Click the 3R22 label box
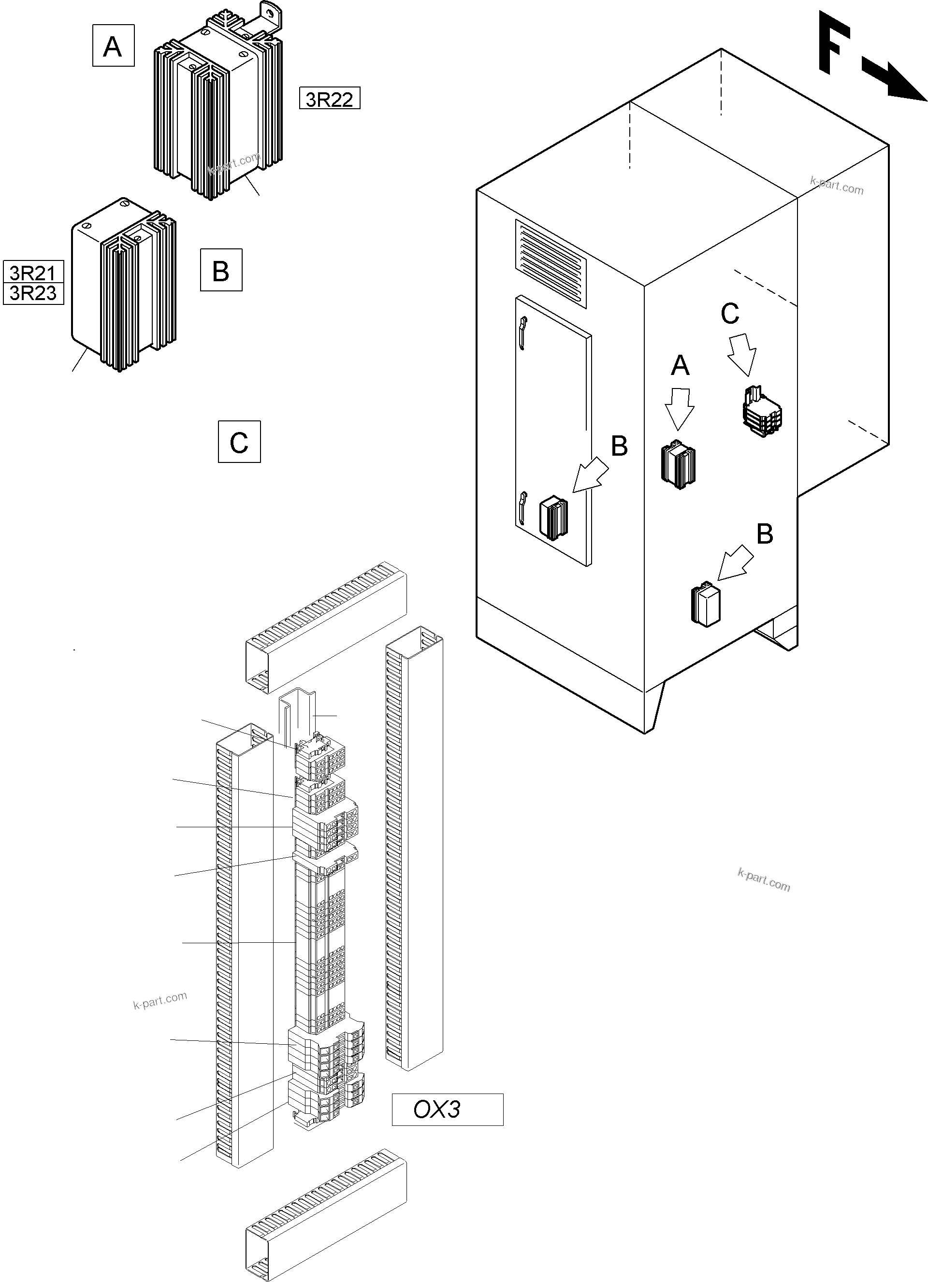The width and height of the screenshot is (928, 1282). (x=329, y=99)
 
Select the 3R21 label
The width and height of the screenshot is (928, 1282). (x=33, y=273)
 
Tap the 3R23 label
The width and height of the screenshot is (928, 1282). (x=33, y=293)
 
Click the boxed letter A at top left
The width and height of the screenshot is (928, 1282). (x=113, y=46)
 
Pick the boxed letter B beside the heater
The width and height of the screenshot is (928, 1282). (x=221, y=270)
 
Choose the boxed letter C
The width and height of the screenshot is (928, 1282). (x=239, y=442)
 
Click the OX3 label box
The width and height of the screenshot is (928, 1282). (x=447, y=1109)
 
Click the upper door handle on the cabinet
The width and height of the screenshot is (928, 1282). (x=523, y=333)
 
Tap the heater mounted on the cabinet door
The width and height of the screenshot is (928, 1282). (x=553, y=517)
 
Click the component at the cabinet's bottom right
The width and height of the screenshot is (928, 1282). (x=706, y=604)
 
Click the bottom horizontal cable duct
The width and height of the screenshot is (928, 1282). (x=326, y=1214)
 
